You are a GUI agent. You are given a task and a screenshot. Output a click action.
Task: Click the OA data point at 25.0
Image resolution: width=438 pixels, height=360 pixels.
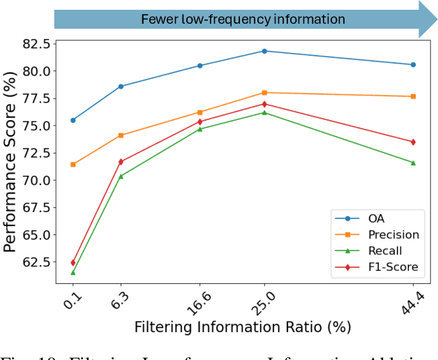(264, 51)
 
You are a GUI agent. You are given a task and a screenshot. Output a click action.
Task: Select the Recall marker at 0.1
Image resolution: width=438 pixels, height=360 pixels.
(73, 272)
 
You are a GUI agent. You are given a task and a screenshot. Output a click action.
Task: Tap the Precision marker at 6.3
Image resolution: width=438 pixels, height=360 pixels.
(121, 135)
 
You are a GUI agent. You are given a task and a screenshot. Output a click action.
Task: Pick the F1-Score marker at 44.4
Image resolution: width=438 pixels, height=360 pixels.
(413, 142)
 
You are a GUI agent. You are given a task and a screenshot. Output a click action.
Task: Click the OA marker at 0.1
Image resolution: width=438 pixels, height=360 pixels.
(73, 120)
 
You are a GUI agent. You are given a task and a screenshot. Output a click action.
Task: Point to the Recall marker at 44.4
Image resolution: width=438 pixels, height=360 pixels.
(413, 163)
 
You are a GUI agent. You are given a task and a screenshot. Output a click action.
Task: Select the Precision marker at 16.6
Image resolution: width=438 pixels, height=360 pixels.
(200, 112)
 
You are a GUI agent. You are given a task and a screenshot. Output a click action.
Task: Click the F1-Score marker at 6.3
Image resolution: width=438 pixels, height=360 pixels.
(121, 161)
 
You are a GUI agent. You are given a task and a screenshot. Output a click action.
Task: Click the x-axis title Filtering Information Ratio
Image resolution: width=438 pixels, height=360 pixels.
(242, 327)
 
